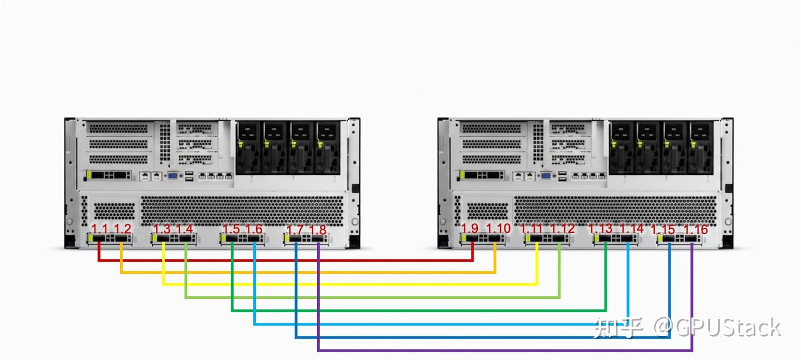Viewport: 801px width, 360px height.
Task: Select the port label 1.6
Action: (x=254, y=229)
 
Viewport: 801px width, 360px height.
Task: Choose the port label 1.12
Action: (x=562, y=229)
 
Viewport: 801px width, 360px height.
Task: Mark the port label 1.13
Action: (x=600, y=229)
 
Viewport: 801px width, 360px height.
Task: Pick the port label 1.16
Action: (x=695, y=229)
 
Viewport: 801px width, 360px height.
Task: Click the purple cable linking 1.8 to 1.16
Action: (x=501, y=351)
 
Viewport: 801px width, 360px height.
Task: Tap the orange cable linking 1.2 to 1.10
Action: (x=306, y=272)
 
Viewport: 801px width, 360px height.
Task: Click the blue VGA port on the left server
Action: (x=172, y=176)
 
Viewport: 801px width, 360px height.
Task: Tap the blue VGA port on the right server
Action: (x=546, y=176)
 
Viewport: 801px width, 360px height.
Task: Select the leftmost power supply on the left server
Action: (x=248, y=147)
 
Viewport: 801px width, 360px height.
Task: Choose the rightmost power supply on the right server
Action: (x=701, y=147)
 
